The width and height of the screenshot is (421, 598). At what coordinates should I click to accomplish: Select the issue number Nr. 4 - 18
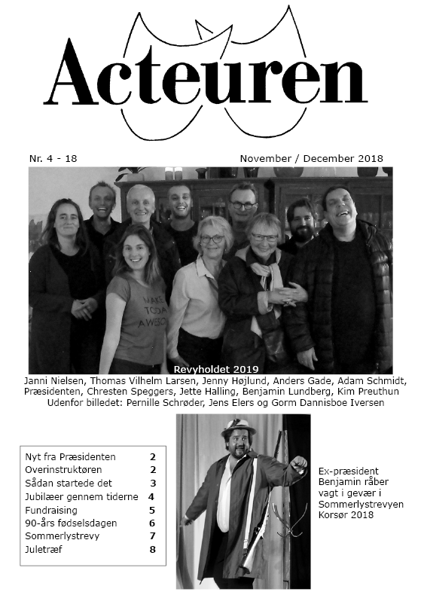coord(53,159)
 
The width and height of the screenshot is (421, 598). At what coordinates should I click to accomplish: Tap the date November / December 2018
coord(311,159)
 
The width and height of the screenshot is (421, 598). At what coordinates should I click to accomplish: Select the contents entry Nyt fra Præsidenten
coord(70,457)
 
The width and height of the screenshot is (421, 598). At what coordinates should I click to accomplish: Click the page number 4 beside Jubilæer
coord(151,496)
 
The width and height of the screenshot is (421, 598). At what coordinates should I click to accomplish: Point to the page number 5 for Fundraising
coord(152,510)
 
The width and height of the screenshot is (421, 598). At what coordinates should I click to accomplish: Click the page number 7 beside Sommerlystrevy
coord(152,536)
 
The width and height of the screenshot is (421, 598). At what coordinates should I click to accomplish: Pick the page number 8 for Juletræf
coord(152,549)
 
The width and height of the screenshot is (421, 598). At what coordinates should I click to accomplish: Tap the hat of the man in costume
coord(238,427)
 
